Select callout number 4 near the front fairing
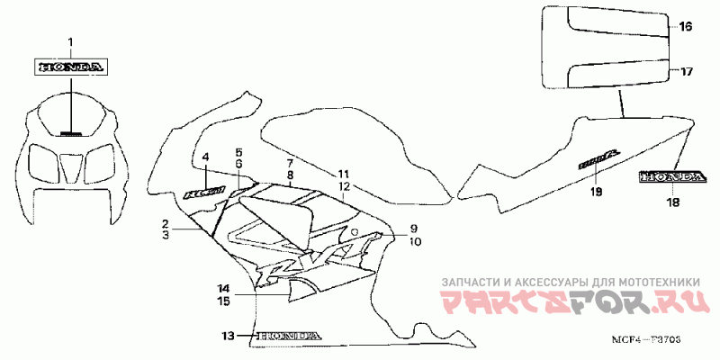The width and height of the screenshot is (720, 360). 205,156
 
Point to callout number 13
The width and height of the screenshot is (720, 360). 229,336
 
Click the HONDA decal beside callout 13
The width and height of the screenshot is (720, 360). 288,336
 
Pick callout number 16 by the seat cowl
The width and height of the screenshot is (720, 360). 685,28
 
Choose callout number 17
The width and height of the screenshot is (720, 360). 685,70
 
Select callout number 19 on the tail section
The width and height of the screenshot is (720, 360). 596,192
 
